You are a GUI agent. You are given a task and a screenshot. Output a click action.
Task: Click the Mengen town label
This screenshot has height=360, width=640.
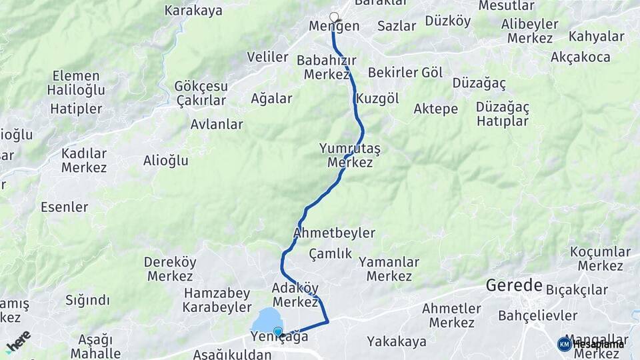pyautogui.click(x=334, y=27)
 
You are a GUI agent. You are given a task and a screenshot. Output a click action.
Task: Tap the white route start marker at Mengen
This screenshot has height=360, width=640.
pyautogui.click(x=334, y=17)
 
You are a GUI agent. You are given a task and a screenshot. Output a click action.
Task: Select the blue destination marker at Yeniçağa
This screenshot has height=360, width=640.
pyautogui.click(x=278, y=331)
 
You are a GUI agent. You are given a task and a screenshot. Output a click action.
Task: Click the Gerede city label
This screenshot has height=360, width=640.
pyautogui.click(x=514, y=286)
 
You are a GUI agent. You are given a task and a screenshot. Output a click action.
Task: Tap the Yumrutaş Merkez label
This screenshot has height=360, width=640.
pyautogui.click(x=350, y=155)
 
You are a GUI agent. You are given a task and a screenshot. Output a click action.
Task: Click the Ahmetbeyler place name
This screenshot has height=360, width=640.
pyautogui.click(x=334, y=233)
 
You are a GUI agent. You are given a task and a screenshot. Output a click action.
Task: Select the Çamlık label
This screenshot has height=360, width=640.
pyautogui.click(x=330, y=253)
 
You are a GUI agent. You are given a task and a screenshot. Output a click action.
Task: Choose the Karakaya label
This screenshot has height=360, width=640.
pyautogui.click(x=193, y=10)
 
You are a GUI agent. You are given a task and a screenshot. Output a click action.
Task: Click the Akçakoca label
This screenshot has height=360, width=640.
pyautogui.click(x=580, y=57)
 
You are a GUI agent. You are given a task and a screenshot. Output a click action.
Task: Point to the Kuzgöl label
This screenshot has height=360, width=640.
pyautogui.click(x=377, y=99)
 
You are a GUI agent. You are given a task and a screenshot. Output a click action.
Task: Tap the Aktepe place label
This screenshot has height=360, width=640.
pyautogui.click(x=435, y=109)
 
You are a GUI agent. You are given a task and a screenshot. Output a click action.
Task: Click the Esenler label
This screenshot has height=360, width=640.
pyautogui.click(x=64, y=207)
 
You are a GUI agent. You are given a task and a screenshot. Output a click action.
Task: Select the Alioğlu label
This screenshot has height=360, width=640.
pyautogui.click(x=166, y=160)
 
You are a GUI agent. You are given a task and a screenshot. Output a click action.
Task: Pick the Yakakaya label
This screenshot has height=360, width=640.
pyautogui.click(x=397, y=342)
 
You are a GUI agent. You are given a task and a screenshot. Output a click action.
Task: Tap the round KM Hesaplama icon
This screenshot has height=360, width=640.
pyautogui.click(x=564, y=344)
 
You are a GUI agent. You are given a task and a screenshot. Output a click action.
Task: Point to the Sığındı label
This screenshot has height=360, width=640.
pyautogui.click(x=87, y=300)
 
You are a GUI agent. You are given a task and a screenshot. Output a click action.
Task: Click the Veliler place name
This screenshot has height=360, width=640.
pyautogui.click(x=267, y=57)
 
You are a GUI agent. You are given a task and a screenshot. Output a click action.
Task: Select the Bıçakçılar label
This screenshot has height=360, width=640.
pyautogui.click(x=577, y=290)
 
